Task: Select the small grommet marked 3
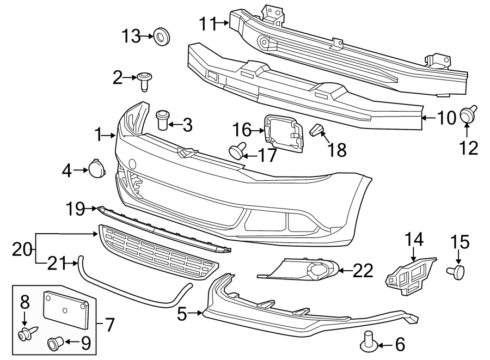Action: [162, 120]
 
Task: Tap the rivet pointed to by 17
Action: [237, 150]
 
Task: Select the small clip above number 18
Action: [317, 130]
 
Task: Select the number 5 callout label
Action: [182, 313]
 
